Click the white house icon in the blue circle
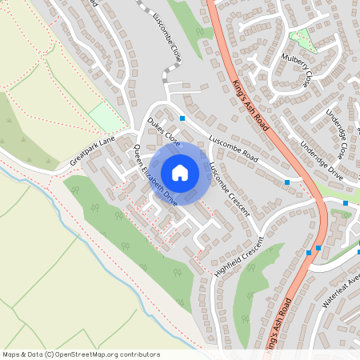click(x=180, y=173)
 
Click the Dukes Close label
click(x=163, y=130)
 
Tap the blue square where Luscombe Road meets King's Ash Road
click(x=287, y=183)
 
